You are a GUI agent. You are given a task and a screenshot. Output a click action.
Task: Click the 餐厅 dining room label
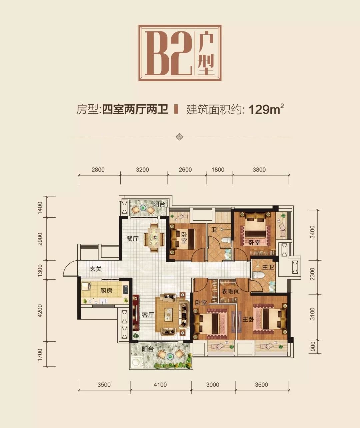point(132,239)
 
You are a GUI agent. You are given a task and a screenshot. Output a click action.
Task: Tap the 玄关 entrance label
point(96,269)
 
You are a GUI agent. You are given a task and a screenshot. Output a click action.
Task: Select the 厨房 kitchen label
point(106,290)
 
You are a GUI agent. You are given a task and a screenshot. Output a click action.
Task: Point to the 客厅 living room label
point(148,314)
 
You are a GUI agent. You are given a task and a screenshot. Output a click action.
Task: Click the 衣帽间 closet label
point(231,291)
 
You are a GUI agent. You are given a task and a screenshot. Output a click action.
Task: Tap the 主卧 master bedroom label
point(248,319)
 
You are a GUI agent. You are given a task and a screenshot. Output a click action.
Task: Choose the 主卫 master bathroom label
point(268,267)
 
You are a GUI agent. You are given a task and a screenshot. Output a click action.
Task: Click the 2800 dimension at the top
point(98,170)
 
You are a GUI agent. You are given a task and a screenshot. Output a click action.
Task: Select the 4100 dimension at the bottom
point(160,385)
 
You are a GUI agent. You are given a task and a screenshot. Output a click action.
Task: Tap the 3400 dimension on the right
point(312,232)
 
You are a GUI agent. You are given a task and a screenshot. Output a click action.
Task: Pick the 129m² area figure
point(266,110)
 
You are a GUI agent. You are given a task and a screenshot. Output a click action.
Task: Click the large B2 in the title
point(168,53)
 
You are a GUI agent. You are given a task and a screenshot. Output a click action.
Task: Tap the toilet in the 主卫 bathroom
point(255,274)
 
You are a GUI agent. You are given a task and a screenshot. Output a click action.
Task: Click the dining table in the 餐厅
point(154,238)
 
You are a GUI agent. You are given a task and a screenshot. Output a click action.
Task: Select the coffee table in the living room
point(169,314)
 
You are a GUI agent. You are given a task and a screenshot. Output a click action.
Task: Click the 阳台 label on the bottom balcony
point(148,349)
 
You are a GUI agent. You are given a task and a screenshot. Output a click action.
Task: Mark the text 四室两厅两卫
point(135,109)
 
